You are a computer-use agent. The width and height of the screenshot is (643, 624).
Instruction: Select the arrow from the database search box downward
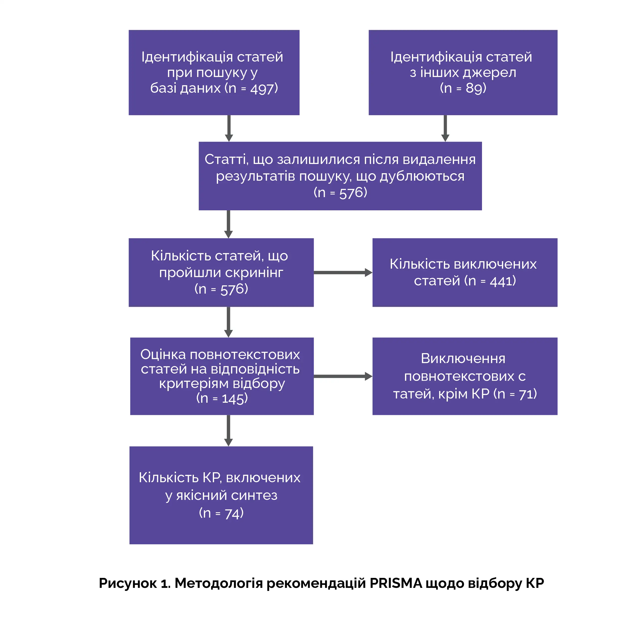click(229, 128)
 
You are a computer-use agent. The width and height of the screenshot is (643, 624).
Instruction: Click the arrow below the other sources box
click(445, 128)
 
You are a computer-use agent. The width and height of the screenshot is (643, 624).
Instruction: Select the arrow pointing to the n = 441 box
click(343, 273)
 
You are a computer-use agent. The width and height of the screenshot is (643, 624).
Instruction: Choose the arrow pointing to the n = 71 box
click(343, 376)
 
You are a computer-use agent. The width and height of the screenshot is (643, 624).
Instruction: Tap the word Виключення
click(463, 359)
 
